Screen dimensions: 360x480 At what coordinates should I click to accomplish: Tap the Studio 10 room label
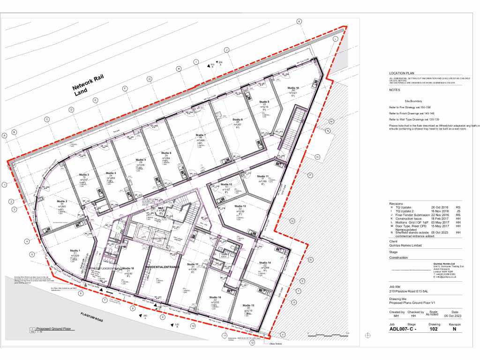[293, 88]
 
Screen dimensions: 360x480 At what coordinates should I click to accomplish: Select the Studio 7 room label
[201, 135]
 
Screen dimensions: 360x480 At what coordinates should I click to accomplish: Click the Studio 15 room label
[248, 305]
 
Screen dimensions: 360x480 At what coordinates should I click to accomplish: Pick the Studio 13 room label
[240, 206]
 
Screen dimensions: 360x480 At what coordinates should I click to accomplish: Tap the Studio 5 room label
[142, 160]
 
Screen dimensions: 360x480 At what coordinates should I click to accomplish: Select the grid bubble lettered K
[299, 21]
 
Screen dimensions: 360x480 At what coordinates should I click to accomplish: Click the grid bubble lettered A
[4, 135]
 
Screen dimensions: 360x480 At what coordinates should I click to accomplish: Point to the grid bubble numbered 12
[252, 343]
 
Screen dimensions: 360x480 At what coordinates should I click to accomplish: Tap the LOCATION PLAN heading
[402, 74]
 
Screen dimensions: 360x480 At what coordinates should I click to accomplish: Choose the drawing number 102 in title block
[435, 329]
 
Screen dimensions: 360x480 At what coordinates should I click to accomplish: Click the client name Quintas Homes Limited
[405, 245]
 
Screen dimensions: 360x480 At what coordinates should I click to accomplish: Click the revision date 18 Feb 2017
[428, 218]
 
